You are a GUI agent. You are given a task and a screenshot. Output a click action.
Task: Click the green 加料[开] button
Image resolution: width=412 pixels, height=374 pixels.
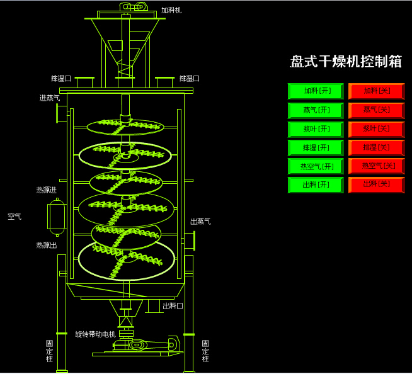coord(316,91)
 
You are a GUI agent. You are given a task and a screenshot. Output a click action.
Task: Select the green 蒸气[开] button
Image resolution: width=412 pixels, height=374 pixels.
coord(316,110)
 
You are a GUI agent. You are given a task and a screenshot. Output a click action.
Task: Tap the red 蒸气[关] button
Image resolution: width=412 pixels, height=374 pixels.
coord(376,110)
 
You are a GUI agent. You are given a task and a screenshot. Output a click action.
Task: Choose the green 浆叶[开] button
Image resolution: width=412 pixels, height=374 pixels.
coord(316,129)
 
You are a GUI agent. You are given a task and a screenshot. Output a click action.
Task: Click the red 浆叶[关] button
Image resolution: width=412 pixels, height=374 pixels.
coord(376,129)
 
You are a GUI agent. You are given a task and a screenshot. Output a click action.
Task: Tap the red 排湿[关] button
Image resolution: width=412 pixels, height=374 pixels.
coord(376,148)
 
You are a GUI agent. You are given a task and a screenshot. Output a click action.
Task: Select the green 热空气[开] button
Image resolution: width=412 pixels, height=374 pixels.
coord(316,167)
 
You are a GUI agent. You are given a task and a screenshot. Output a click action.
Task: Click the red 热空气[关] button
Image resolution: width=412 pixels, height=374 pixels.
coord(376,166)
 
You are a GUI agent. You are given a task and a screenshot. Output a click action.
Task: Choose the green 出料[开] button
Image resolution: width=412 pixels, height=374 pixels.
coord(316,185)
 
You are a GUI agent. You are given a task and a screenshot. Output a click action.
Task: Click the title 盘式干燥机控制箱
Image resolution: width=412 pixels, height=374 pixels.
coord(345,62)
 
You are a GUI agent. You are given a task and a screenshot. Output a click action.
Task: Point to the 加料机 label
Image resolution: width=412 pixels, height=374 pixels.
coord(171,11)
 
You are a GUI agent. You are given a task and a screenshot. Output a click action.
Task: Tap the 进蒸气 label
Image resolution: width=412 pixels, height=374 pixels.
coord(50,98)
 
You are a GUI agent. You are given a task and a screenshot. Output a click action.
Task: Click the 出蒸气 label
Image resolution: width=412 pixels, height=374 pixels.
coord(200,222)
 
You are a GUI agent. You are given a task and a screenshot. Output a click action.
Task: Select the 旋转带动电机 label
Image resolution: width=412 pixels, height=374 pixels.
coord(95,334)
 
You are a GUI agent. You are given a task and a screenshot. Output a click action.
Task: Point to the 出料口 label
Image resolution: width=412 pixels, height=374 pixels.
coord(173,306)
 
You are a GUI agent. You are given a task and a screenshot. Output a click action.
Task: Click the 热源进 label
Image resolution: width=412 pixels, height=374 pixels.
coord(46,190)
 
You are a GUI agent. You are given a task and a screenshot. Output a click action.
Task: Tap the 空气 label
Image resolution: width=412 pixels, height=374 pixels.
coord(14,217)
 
